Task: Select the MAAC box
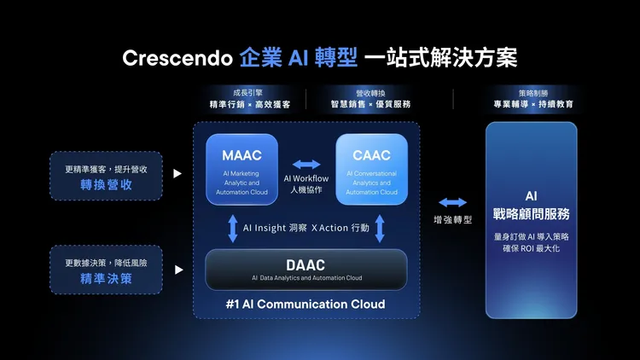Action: point(241,169)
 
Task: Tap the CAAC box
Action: point(371,169)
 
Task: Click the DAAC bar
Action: point(306,270)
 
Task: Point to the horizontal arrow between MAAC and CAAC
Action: point(306,164)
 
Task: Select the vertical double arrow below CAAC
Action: point(380,229)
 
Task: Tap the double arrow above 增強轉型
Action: point(452,202)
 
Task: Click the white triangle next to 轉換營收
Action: point(177,174)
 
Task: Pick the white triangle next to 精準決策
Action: point(177,270)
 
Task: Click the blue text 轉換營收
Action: point(106,183)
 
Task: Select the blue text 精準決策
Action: point(106,279)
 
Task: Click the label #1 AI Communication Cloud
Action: point(306,305)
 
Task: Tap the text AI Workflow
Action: point(306,178)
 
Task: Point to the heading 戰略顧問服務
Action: point(531,213)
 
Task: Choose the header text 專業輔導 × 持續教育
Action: point(532,104)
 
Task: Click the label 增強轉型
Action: point(452,219)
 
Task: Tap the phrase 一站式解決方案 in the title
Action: point(440,58)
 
